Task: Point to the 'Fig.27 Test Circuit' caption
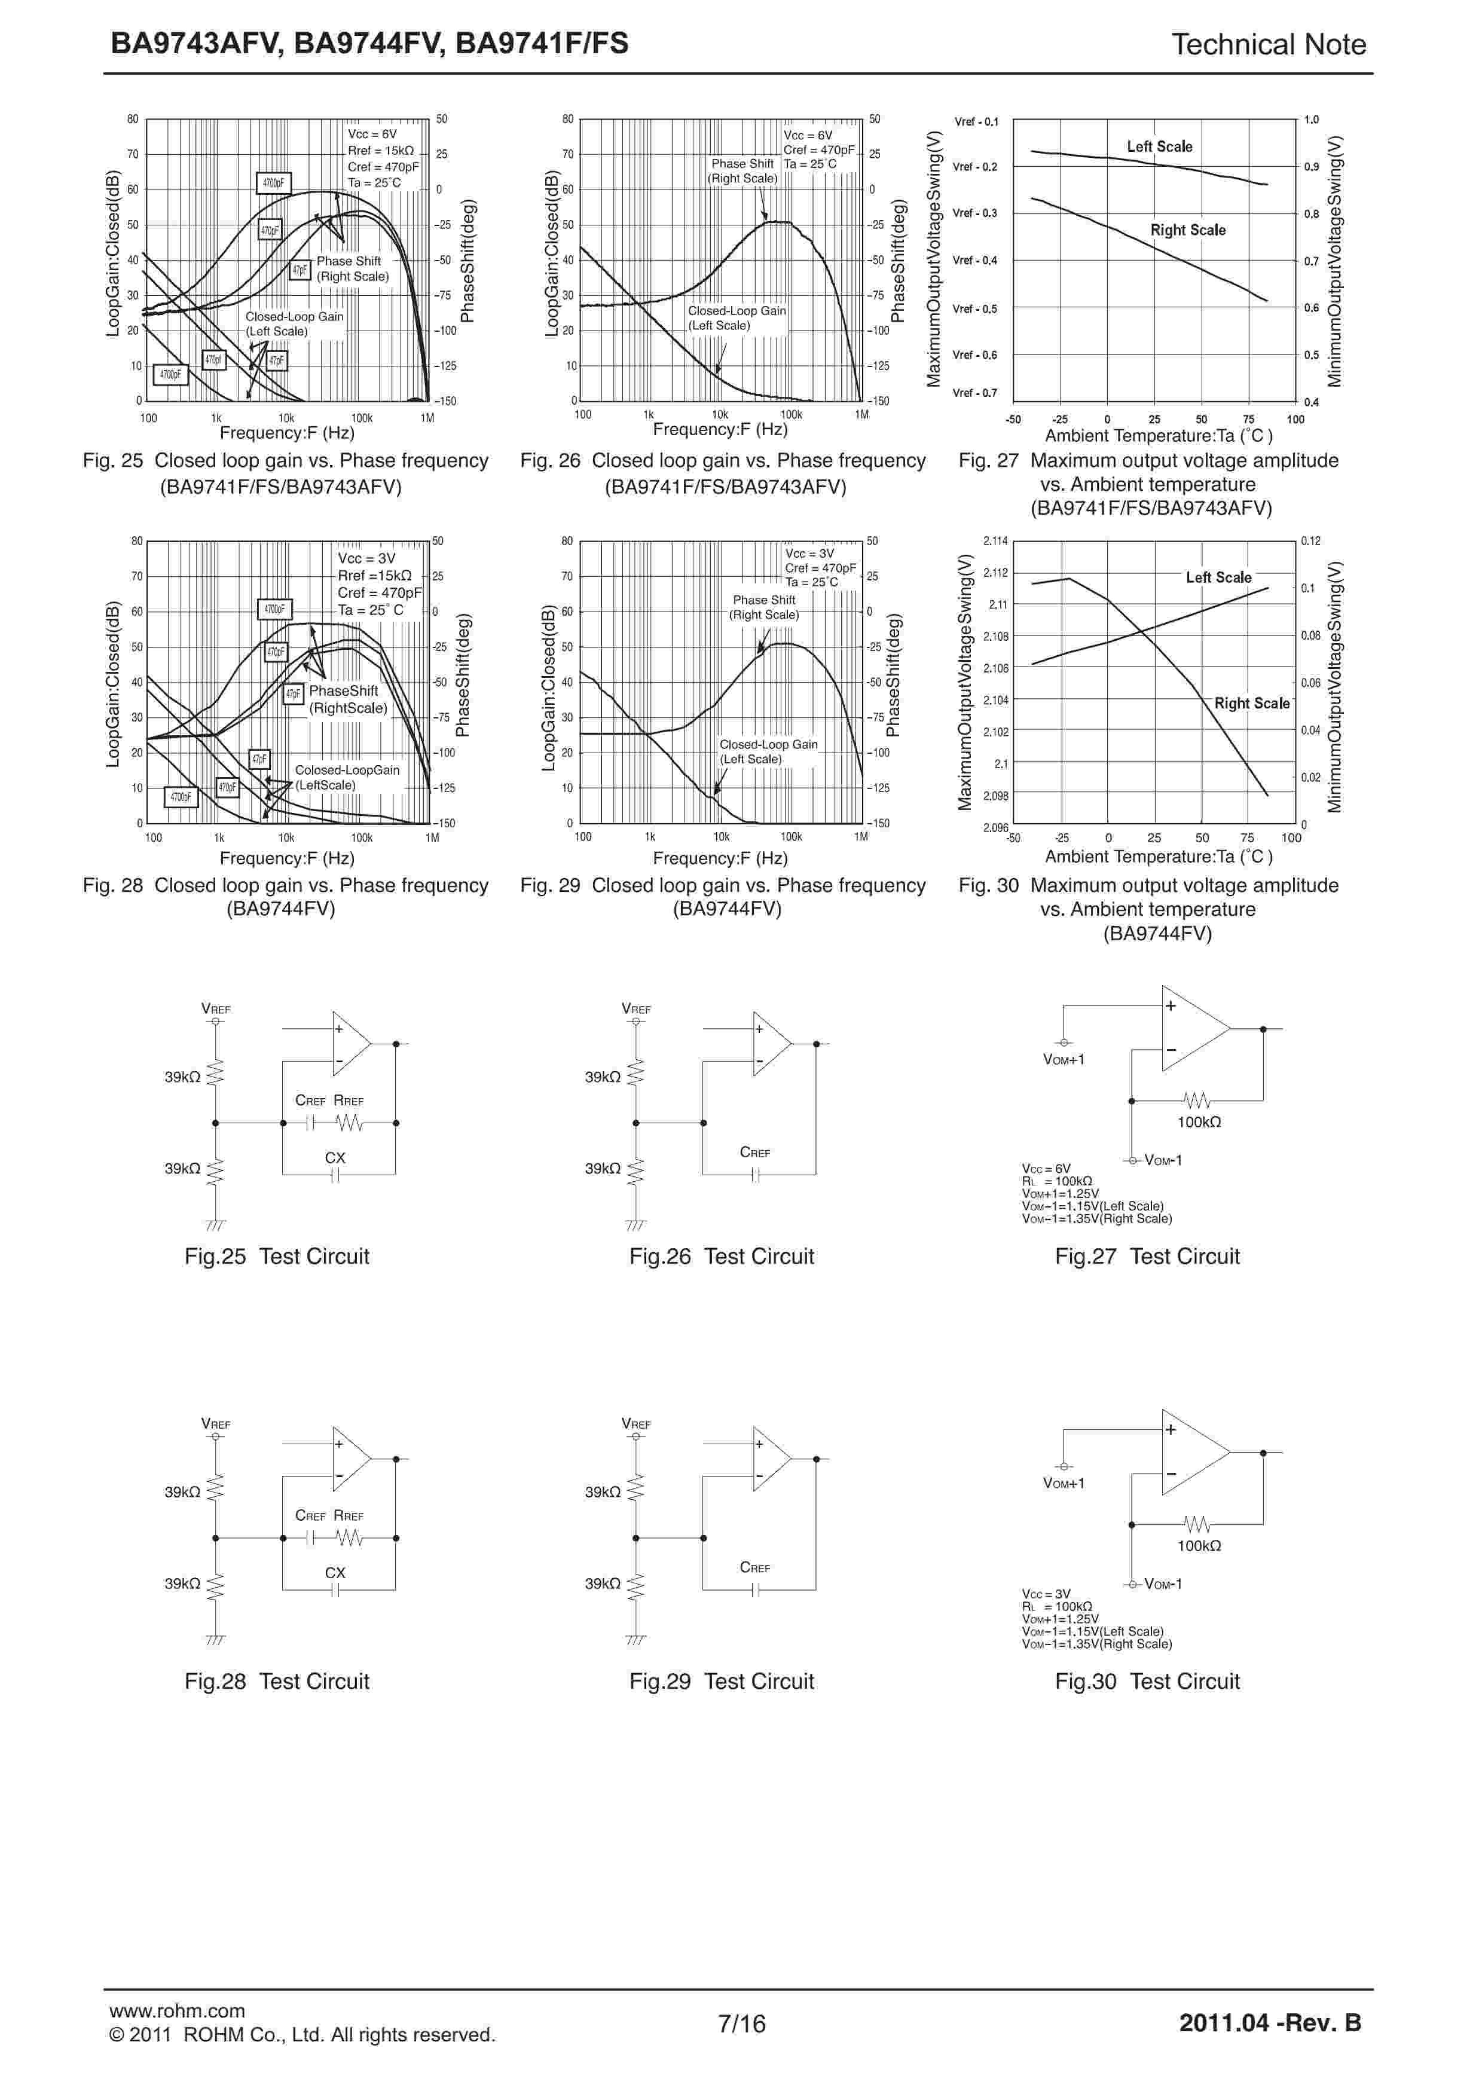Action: click(1147, 1256)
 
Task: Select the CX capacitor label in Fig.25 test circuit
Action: click(335, 1157)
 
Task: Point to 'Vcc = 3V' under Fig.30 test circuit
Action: click(1046, 1594)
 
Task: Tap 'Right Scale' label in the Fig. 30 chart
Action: click(1251, 703)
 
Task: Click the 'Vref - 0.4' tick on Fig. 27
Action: click(975, 260)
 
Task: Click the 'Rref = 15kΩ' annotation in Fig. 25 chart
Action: click(381, 151)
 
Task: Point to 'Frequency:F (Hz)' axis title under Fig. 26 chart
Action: click(720, 429)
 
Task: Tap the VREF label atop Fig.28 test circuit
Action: click(215, 1424)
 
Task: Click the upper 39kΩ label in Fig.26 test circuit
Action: click(603, 1077)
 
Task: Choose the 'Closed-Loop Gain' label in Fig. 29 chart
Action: click(768, 744)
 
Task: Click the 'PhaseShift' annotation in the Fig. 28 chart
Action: click(343, 692)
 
